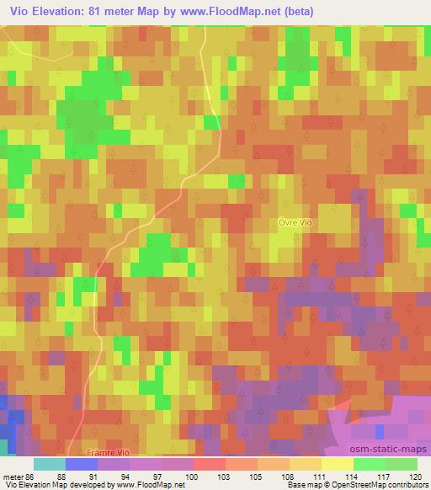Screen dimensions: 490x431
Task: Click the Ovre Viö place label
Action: click(x=296, y=221)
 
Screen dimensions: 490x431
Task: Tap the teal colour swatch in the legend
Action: click(x=50, y=463)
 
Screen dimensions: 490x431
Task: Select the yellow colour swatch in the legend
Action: click(x=338, y=463)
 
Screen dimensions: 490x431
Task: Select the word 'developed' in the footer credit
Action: click(x=85, y=484)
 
